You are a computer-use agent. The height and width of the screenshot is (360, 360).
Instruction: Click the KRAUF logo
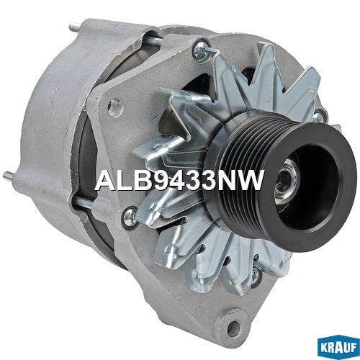click(338, 348)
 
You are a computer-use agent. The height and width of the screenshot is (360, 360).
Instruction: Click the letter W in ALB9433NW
click(251, 180)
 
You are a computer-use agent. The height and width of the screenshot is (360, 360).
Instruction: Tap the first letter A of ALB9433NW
click(104, 180)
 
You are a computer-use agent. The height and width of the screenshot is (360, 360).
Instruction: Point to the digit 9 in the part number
click(156, 180)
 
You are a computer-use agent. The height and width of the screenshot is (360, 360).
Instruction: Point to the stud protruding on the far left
click(9, 175)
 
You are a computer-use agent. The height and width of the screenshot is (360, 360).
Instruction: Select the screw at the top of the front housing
click(201, 50)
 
